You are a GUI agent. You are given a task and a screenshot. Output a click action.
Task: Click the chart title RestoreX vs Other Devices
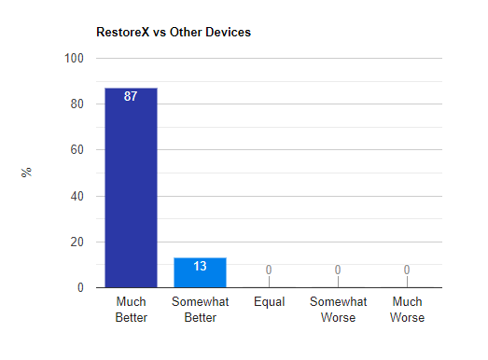pyautogui.click(x=174, y=32)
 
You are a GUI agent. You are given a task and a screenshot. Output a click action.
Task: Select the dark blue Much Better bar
pyautogui.click(x=131, y=187)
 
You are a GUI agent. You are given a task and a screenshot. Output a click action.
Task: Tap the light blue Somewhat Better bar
pyautogui.click(x=200, y=272)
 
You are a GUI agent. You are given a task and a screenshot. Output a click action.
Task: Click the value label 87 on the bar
pyautogui.click(x=131, y=96)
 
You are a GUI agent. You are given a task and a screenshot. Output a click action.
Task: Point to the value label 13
pyautogui.click(x=200, y=266)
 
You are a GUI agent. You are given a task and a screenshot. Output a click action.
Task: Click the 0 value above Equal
pyautogui.click(x=269, y=270)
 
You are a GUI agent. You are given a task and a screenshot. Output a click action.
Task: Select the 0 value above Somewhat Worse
pyautogui.click(x=338, y=270)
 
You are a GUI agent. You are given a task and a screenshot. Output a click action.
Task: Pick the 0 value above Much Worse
pyautogui.click(x=407, y=270)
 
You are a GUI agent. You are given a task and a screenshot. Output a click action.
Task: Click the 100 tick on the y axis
pyautogui.click(x=74, y=58)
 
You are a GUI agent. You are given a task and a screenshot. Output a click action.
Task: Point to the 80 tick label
pyautogui.click(x=77, y=104)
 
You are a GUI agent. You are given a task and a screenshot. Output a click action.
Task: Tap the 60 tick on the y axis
pyautogui.click(x=77, y=149)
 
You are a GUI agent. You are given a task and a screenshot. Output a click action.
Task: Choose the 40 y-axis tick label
pyautogui.click(x=77, y=197)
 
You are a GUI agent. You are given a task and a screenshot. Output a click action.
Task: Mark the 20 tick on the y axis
pyautogui.click(x=77, y=242)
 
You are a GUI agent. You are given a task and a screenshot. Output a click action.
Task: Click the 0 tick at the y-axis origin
pyautogui.click(x=80, y=288)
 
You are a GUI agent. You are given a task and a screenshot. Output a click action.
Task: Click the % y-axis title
pyautogui.click(x=26, y=172)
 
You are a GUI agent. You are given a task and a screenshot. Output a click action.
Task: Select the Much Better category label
pyautogui.click(x=131, y=310)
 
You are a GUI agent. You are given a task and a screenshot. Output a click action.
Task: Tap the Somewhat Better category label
pyautogui.click(x=200, y=310)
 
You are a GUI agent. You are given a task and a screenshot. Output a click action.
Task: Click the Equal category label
pyautogui.click(x=270, y=302)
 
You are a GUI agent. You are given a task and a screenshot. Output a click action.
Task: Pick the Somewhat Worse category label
pyautogui.click(x=339, y=310)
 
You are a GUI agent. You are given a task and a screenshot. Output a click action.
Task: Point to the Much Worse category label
pyautogui.click(x=407, y=310)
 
